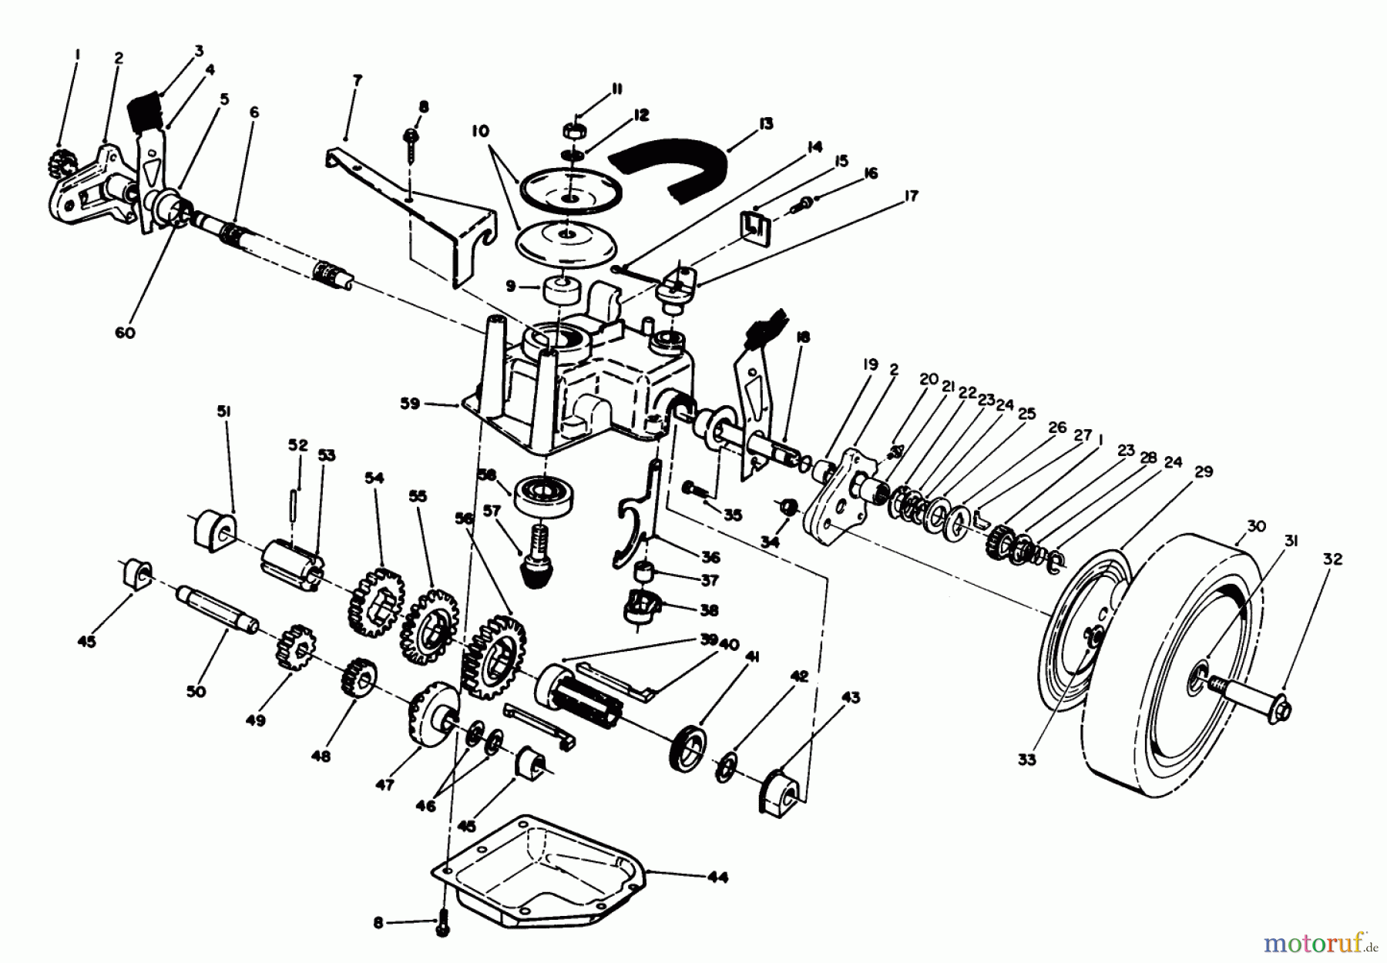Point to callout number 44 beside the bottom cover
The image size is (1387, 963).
[x=716, y=877]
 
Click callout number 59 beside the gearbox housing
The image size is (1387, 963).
[x=410, y=403]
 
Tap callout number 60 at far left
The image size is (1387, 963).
[x=125, y=334]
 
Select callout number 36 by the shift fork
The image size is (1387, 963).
[x=710, y=557]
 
